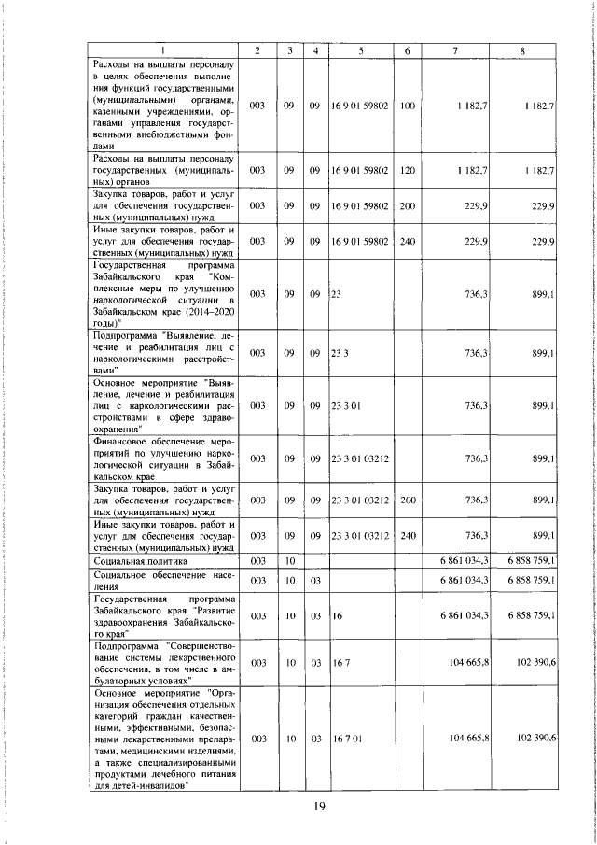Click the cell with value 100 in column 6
point(407,107)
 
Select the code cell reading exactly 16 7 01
point(346,738)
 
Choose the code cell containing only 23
point(336,293)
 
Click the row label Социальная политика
point(141,561)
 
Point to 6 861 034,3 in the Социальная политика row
point(464,561)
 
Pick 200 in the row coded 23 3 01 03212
point(407,500)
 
